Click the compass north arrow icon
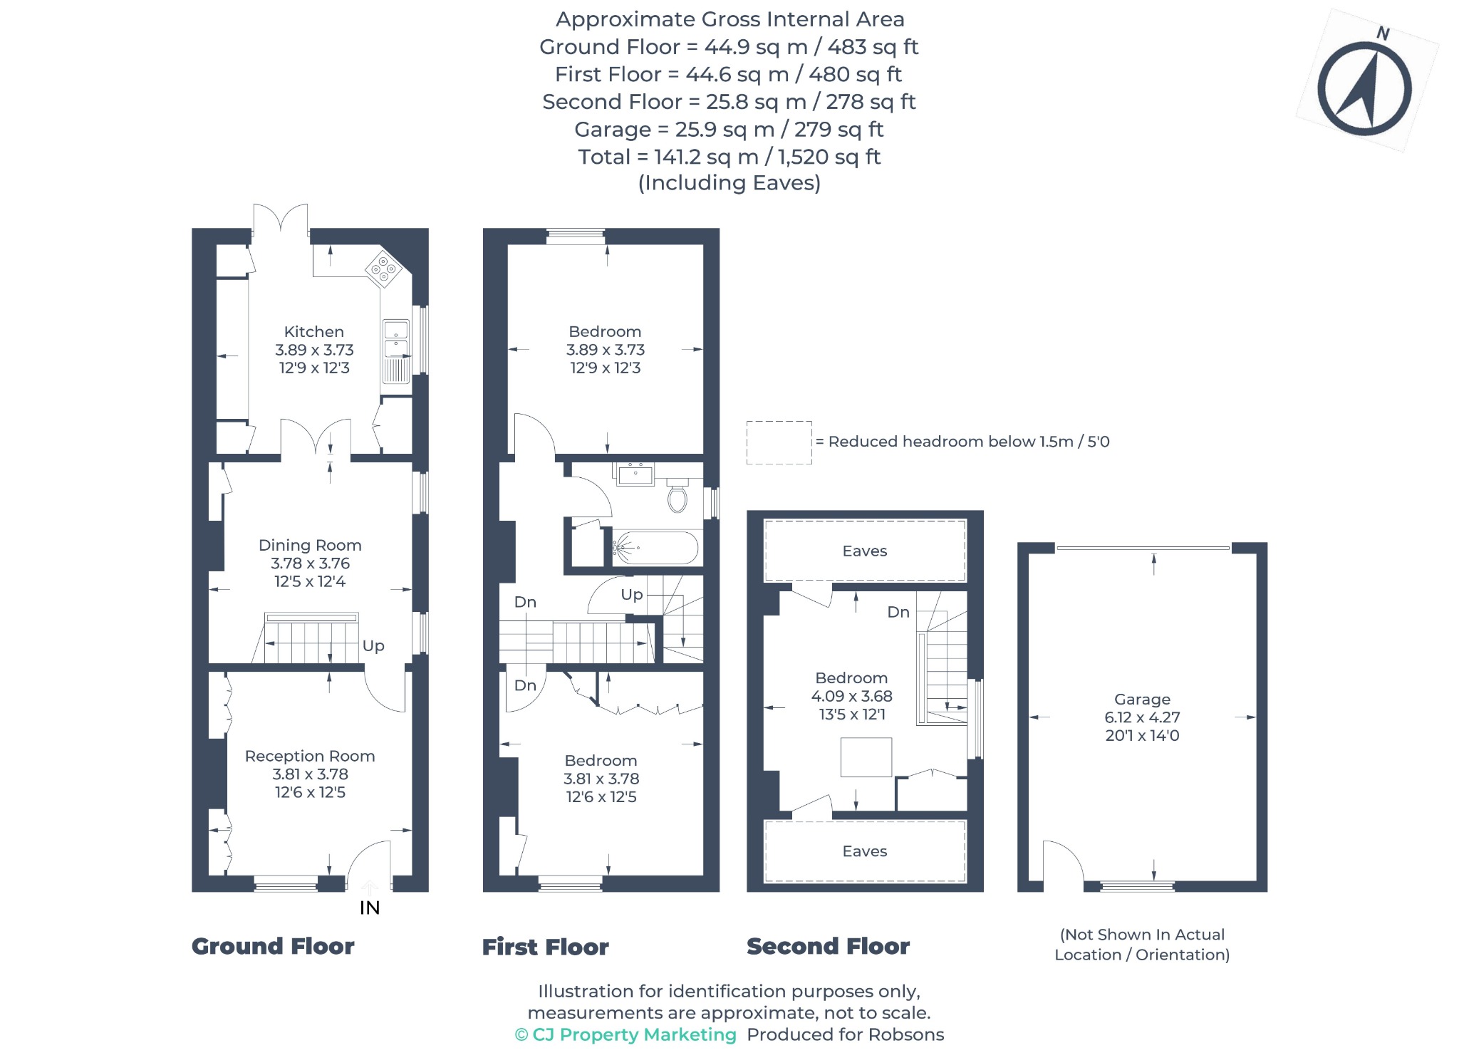1364,88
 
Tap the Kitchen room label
314,332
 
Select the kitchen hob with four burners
383,269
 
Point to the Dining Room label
310,545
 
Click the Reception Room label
310,756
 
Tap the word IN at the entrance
370,908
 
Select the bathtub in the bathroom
655,549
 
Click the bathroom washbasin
635,474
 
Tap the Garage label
1142,700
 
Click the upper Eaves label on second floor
865,551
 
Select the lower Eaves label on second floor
865,851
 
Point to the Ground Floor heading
273,946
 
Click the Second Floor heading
828,946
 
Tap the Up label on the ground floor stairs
373,646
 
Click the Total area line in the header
729,157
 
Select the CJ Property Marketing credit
625,1034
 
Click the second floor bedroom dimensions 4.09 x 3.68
851,696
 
